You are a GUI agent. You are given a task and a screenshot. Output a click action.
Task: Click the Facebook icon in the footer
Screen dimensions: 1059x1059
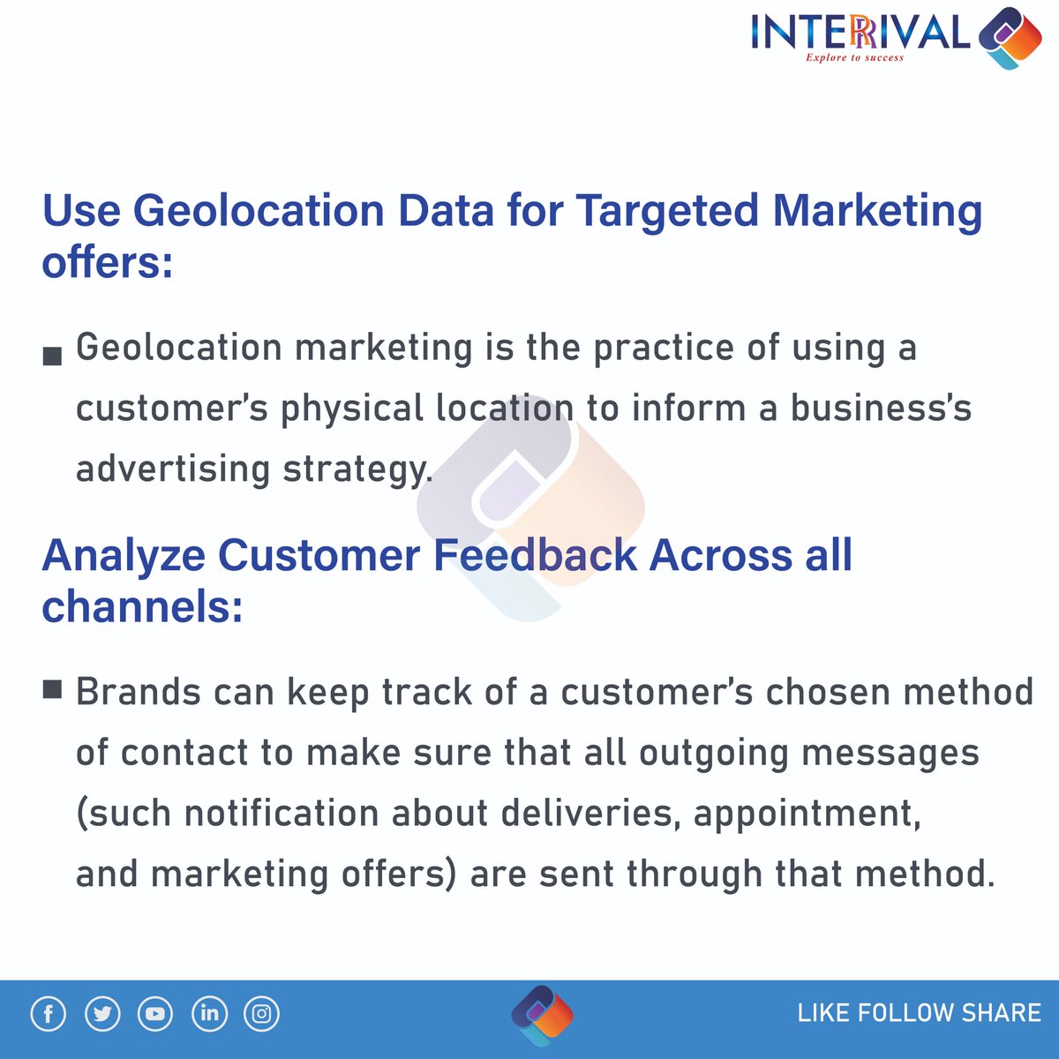click(x=49, y=1014)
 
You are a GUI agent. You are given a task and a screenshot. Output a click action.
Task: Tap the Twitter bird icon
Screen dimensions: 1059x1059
click(x=102, y=1014)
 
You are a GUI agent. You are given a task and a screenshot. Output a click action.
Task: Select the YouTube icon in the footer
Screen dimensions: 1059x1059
click(x=155, y=1014)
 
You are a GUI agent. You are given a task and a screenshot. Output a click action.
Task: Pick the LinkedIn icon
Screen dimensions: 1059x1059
click(x=209, y=1014)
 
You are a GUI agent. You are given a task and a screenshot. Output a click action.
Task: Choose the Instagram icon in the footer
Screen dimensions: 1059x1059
click(x=262, y=1014)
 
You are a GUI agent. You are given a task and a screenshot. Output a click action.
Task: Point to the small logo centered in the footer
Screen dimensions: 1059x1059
click(x=542, y=1015)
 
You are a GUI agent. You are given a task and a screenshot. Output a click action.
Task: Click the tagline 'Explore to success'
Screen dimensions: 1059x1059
click(x=854, y=57)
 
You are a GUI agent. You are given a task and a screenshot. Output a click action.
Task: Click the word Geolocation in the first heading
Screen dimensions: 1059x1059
click(x=259, y=212)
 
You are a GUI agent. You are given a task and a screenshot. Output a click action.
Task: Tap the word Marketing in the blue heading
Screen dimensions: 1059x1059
click(x=877, y=212)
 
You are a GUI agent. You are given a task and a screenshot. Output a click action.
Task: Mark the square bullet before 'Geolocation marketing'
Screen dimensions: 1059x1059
click(x=52, y=356)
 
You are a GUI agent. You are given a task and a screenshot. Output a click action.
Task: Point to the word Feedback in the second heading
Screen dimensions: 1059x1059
click(x=535, y=556)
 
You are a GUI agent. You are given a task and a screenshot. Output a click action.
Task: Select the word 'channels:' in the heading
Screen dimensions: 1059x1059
click(x=142, y=607)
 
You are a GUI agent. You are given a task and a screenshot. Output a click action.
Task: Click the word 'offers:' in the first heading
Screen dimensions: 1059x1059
click(x=108, y=263)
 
